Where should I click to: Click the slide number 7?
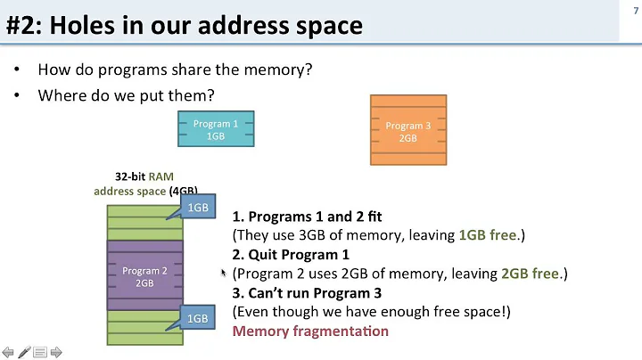[x=634, y=9]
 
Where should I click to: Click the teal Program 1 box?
[x=216, y=130]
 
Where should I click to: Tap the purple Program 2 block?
[x=144, y=276]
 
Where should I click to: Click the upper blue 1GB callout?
[x=197, y=208]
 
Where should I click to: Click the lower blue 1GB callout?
[x=197, y=318]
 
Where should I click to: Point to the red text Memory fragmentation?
[x=310, y=331]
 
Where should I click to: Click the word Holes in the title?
[x=79, y=24]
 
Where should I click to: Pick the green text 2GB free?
[x=531, y=274]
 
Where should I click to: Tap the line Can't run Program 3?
[x=308, y=293]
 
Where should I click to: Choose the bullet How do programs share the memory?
[x=175, y=70]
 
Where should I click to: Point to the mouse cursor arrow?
[x=224, y=273]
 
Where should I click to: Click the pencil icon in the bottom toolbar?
[x=24, y=352]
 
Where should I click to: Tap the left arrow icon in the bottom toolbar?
[x=8, y=352]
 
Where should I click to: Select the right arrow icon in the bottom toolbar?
[x=55, y=352]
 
